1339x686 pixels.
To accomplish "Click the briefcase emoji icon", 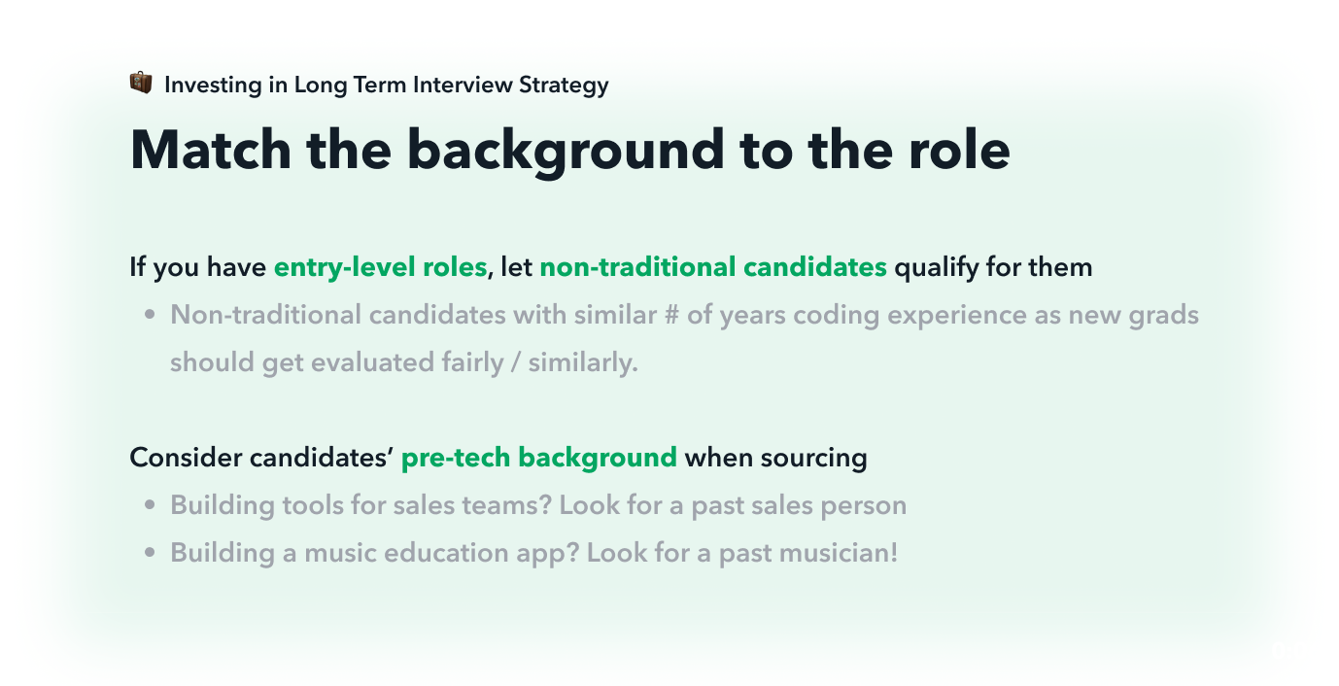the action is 141,83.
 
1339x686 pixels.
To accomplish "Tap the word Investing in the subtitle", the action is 213,86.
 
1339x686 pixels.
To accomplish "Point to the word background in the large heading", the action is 566,152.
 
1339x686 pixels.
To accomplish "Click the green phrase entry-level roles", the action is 380,267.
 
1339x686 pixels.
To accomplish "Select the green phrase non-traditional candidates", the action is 713,266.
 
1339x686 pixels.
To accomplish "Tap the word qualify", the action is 936,267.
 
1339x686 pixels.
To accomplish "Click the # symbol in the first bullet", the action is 671,315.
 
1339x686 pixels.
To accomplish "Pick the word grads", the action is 1163,316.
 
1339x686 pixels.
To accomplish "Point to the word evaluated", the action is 372,362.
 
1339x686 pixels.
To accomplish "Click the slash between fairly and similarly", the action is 516,362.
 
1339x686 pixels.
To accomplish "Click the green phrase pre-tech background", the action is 538,459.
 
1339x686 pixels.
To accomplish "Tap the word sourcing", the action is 813,459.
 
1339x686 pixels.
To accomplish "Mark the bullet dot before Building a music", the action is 150,553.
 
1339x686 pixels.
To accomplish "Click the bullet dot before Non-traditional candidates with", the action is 150,315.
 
